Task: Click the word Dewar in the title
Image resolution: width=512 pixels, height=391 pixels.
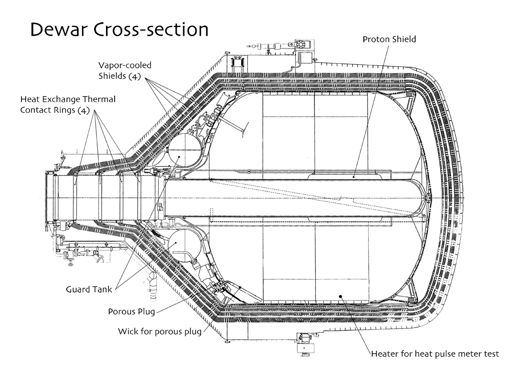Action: point(59,30)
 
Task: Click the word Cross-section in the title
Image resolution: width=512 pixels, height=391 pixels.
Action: point(151,30)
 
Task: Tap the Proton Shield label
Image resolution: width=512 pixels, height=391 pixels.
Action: point(389,39)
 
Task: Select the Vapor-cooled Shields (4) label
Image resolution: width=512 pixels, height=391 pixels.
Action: point(125,71)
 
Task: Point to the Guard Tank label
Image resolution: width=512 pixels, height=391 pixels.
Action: point(89,289)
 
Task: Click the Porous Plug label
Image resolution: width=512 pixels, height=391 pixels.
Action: point(131,312)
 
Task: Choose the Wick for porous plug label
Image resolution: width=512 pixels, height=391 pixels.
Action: point(159,332)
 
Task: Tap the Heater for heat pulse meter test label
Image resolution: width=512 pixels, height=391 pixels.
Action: point(435,354)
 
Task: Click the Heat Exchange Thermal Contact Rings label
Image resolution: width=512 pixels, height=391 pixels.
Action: point(68,105)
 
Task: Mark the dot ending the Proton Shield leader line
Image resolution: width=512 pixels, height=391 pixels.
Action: point(354,177)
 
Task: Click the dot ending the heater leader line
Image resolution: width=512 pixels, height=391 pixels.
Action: point(340,296)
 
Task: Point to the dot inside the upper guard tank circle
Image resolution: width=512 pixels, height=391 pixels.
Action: point(179,156)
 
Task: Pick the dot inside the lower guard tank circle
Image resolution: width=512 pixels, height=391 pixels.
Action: point(176,243)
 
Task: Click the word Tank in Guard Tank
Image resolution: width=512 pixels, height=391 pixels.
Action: point(102,289)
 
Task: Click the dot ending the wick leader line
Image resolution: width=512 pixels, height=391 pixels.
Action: point(240,287)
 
